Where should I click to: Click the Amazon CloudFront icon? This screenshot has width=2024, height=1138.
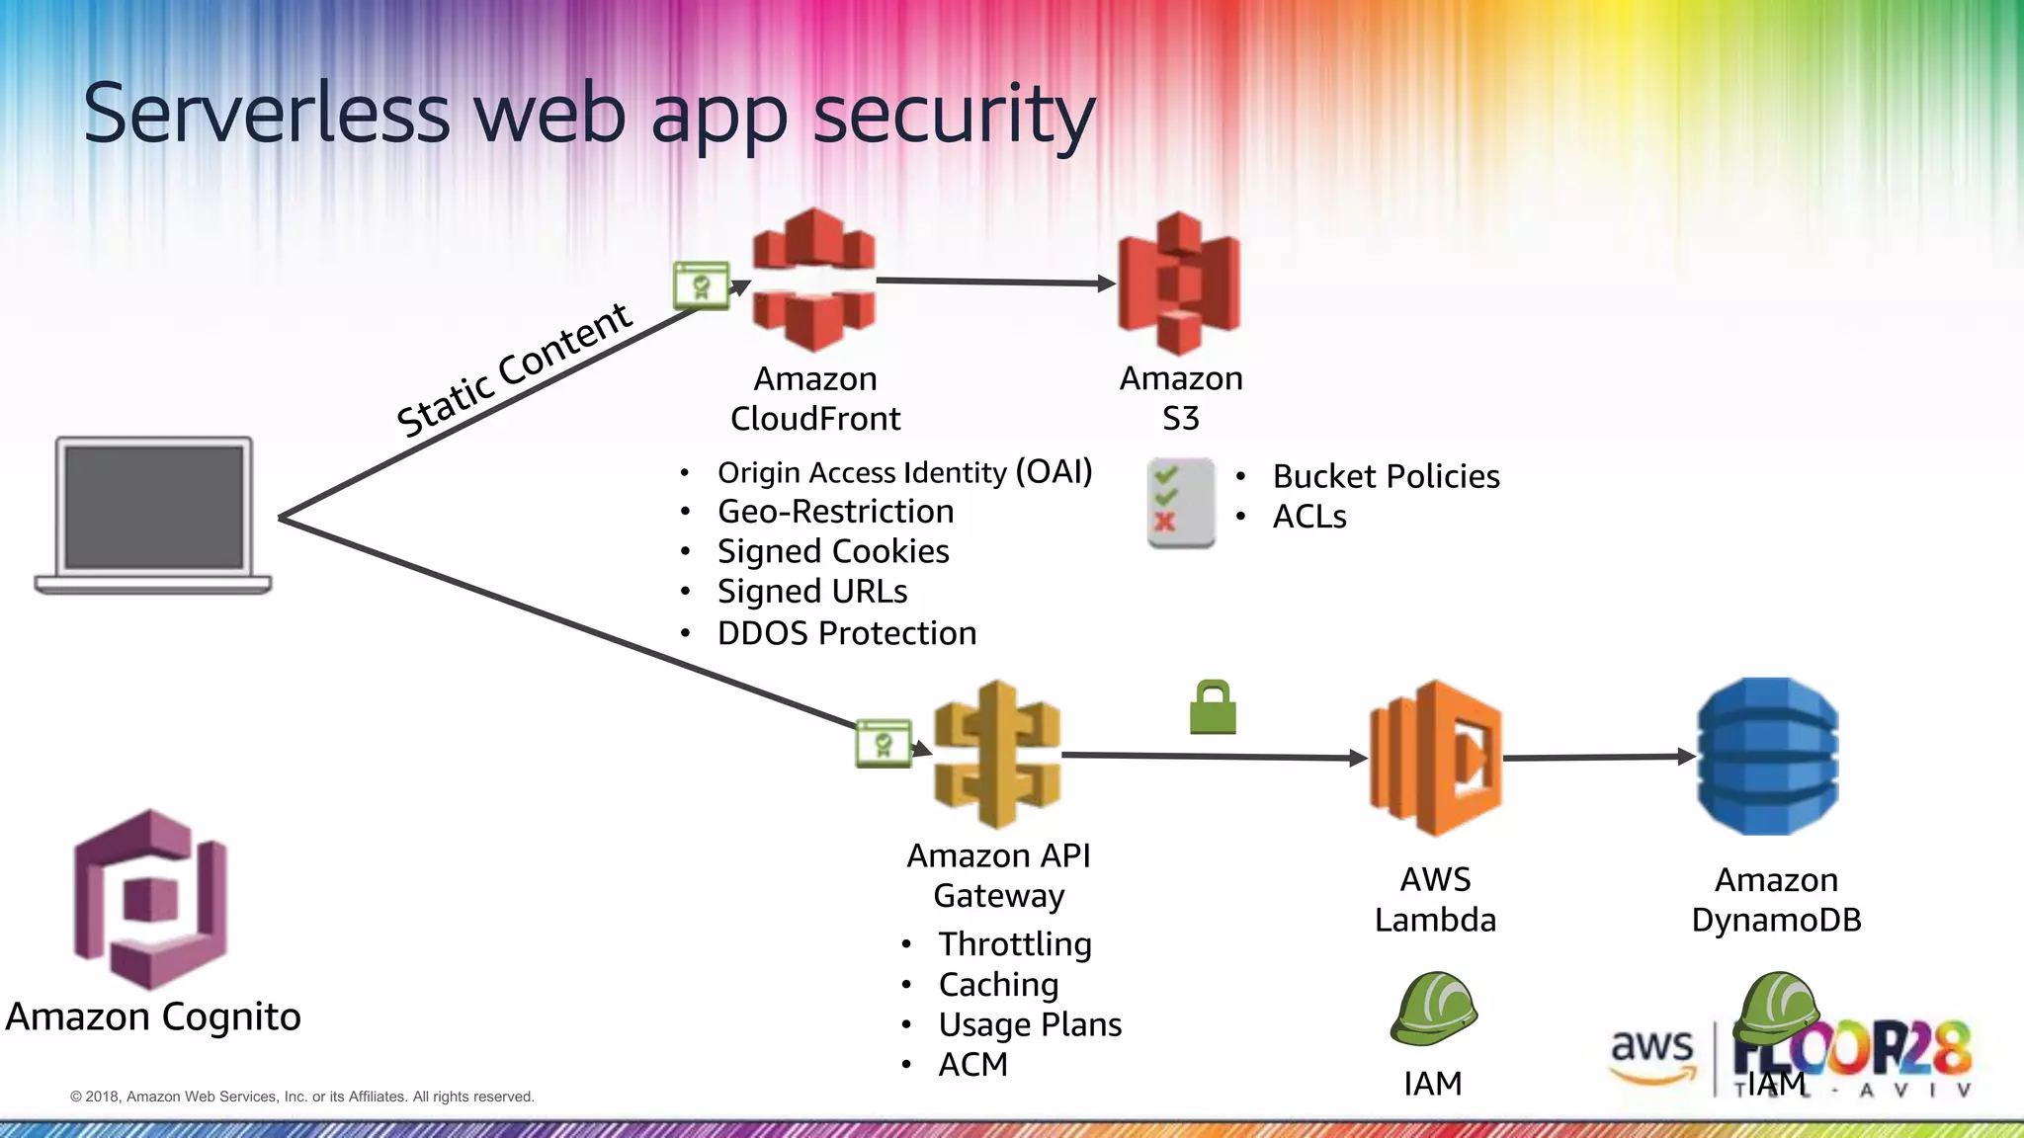tap(813, 280)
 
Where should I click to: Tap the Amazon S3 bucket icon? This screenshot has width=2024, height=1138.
tap(1178, 284)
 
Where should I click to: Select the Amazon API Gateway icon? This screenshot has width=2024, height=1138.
tap(997, 755)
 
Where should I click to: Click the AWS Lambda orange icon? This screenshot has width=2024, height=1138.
tap(1435, 758)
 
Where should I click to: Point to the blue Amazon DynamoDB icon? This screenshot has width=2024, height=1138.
tap(1768, 757)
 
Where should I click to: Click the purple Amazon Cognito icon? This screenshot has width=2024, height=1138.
tap(151, 899)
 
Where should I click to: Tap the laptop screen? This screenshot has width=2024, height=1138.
tap(154, 507)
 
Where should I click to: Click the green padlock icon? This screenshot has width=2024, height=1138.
tap(1213, 708)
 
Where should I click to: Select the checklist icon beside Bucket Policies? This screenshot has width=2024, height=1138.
tap(1180, 503)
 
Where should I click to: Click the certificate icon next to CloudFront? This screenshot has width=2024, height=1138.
tap(701, 286)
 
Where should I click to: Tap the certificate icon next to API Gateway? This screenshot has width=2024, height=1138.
tap(883, 744)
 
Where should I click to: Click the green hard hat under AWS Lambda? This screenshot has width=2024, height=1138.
tap(1433, 1009)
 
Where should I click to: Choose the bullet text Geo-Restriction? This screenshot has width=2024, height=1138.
tap(835, 512)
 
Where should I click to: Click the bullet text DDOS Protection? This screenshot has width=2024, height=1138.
tap(846, 633)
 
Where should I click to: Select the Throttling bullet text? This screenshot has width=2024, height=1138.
tap(1015, 944)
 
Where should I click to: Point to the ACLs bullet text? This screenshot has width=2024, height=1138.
tap(1309, 517)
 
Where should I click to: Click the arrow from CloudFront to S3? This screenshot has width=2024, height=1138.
tap(993, 283)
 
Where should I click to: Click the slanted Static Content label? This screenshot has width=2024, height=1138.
tap(514, 371)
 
